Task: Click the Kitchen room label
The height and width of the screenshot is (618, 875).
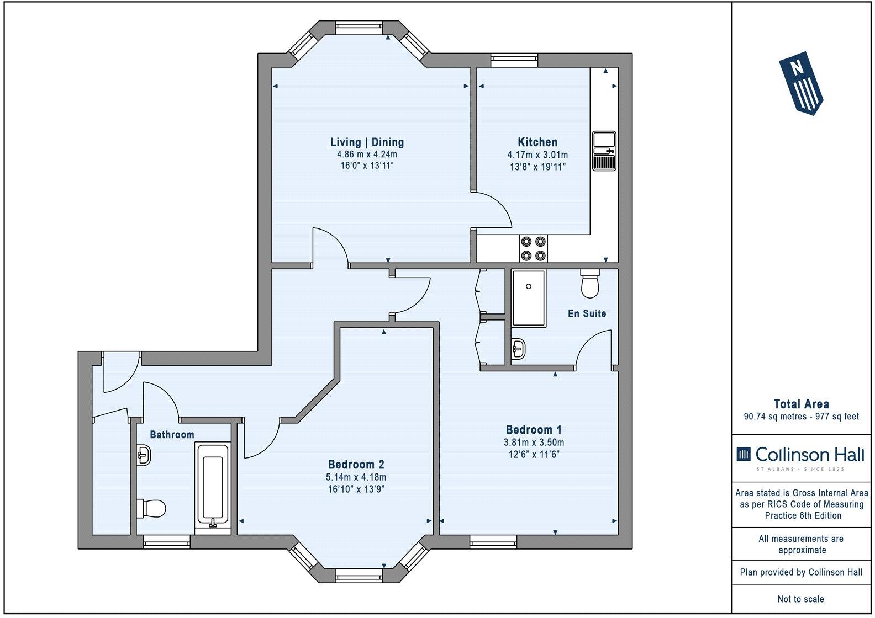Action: pyautogui.click(x=537, y=142)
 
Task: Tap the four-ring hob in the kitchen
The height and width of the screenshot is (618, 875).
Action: pyautogui.click(x=533, y=248)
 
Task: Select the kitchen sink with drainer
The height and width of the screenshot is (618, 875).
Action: pyautogui.click(x=604, y=151)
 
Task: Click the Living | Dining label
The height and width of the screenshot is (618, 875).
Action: pyautogui.click(x=367, y=142)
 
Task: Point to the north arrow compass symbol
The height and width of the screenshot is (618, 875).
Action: pyautogui.click(x=800, y=83)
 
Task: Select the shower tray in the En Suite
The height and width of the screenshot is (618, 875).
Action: pyautogui.click(x=528, y=298)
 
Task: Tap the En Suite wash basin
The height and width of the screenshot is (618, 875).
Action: pyautogui.click(x=519, y=348)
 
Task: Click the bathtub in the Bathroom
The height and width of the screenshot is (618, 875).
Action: pyautogui.click(x=212, y=484)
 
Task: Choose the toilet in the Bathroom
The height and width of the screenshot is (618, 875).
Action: pyautogui.click(x=151, y=508)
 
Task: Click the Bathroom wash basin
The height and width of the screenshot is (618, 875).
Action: pyautogui.click(x=144, y=456)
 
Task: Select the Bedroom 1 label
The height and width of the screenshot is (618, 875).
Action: pyautogui.click(x=533, y=429)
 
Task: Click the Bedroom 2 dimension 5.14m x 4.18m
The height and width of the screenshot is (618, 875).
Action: pyautogui.click(x=356, y=477)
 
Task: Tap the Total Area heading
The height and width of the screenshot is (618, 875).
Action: pyautogui.click(x=800, y=404)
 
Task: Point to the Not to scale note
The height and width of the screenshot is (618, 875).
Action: pyautogui.click(x=800, y=599)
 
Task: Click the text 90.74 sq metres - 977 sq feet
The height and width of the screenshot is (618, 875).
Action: pyautogui.click(x=800, y=417)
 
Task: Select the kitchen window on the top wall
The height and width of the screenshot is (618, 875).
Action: pyautogui.click(x=514, y=60)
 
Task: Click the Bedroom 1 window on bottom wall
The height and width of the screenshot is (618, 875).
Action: pyautogui.click(x=493, y=542)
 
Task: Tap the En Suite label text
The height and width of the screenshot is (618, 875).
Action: pyautogui.click(x=587, y=313)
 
